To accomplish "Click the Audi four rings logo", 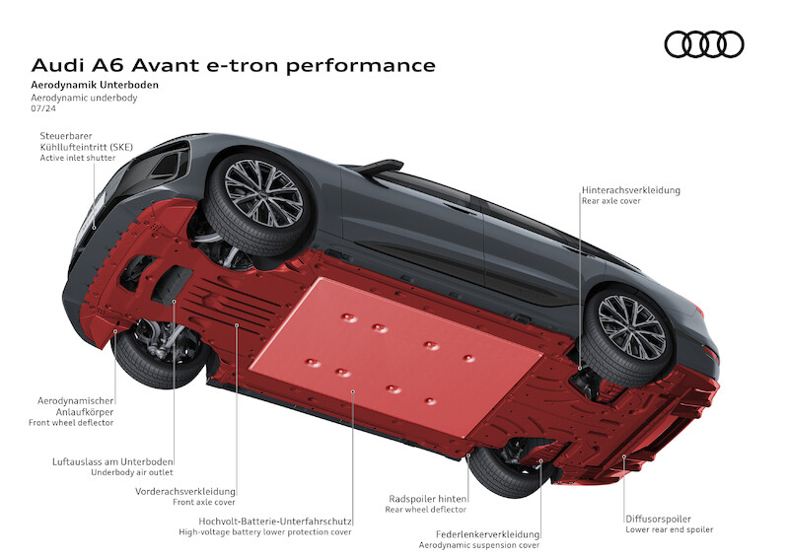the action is pos(704,44).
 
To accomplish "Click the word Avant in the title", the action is pos(166,65).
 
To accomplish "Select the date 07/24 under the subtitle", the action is pos(43,108).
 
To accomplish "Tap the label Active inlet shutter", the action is pos(78,158).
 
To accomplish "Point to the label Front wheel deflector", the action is pos(71,423).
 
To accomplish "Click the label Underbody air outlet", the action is pos(132,472).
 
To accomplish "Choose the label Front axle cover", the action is pos(204,502).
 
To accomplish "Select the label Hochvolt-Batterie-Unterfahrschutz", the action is pos(275,522).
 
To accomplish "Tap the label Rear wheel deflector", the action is pos(426,509).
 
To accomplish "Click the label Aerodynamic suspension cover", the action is pos(479,545).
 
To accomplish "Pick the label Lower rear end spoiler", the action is pos(670,529).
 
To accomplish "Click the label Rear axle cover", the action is pos(611,201).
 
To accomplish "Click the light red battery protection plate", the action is pos(395,356).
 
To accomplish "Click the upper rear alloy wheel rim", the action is pos(631,327).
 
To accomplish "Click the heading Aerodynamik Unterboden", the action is pos(95,85).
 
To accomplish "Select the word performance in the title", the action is pos(361,66).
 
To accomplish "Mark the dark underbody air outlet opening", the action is pos(172,286).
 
